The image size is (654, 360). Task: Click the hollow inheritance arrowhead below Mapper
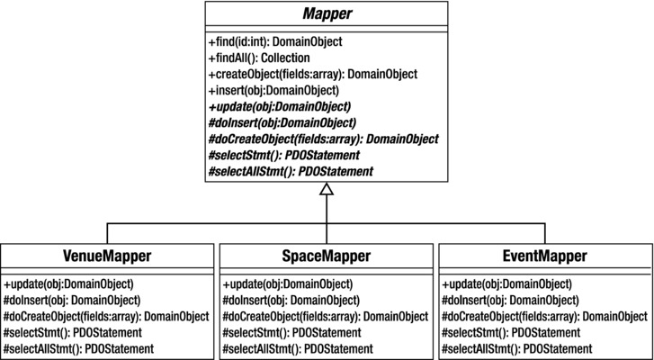(327, 189)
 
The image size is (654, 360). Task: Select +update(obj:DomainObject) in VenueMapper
(73, 283)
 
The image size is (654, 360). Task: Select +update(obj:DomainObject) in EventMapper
(508, 283)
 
